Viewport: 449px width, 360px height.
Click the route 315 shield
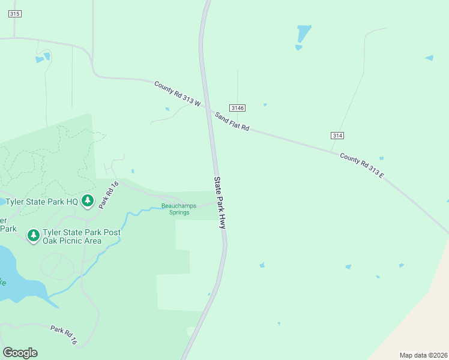point(15,14)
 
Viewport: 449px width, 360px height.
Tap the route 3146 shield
point(238,107)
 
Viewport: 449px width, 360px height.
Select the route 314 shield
point(337,136)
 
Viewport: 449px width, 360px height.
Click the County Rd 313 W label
point(176,94)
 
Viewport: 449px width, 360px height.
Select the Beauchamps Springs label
point(179,209)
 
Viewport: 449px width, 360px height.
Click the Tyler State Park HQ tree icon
point(88,201)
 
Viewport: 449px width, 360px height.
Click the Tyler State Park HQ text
point(42,202)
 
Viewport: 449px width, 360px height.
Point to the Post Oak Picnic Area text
point(81,236)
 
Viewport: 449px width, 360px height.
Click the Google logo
point(20,353)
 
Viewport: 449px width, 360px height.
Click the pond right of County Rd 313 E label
point(381,158)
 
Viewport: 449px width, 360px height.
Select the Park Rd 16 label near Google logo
point(64,334)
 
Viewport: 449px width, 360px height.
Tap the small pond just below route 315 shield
point(43,58)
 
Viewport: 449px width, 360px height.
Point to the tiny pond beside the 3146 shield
point(265,104)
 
